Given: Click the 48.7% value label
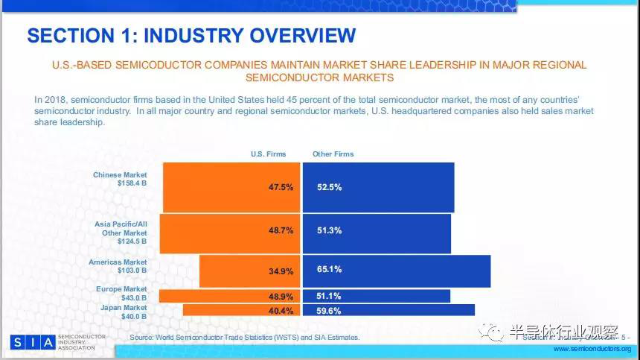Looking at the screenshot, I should pyautogui.click(x=281, y=231).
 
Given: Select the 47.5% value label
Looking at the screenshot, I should pyautogui.click(x=281, y=188).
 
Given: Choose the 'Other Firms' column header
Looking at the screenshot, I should pyautogui.click(x=333, y=154).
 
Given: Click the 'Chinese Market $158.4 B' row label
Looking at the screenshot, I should pyautogui.click(x=120, y=179).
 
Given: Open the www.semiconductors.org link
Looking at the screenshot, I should pyautogui.click(x=592, y=349).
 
